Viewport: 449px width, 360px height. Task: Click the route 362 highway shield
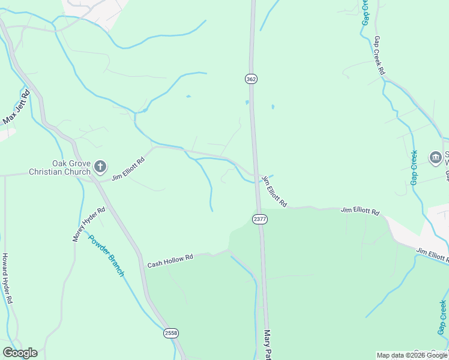pos(251,79)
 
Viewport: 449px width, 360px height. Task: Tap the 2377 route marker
pos(259,219)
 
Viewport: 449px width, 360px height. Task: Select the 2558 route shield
pos(171,332)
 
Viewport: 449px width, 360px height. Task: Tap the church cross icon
pos(100,166)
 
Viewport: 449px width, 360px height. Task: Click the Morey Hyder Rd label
pos(89,224)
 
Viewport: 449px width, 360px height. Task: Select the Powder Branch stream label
pos(106,254)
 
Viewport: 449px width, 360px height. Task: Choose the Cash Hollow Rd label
pos(170,261)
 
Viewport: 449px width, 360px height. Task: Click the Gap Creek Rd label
pos(379,55)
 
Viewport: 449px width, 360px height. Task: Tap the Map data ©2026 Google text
pos(412,355)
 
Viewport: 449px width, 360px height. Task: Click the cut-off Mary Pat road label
pos(268,344)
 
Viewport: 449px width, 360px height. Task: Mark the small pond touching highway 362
pos(247,103)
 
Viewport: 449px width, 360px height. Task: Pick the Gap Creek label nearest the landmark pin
pos(414,167)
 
